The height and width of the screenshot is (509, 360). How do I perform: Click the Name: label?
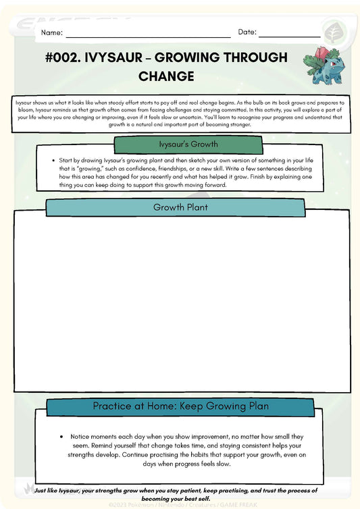pyautogui.click(x=52, y=32)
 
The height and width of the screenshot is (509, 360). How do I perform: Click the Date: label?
pyautogui.click(x=247, y=32)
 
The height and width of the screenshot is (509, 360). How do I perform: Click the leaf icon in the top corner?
pyautogui.click(x=333, y=32)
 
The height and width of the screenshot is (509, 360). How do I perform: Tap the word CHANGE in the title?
pyautogui.click(x=166, y=76)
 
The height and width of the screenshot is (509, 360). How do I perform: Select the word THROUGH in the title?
pyautogui.click(x=250, y=58)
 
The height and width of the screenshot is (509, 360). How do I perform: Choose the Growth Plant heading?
pyautogui.click(x=180, y=207)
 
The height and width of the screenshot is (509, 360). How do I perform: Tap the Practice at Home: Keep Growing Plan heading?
pyautogui.click(x=180, y=406)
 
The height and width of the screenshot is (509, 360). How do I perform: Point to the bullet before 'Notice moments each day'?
pyautogui.click(x=62, y=437)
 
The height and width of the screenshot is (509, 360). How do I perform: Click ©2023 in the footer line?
pyautogui.click(x=119, y=504)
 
